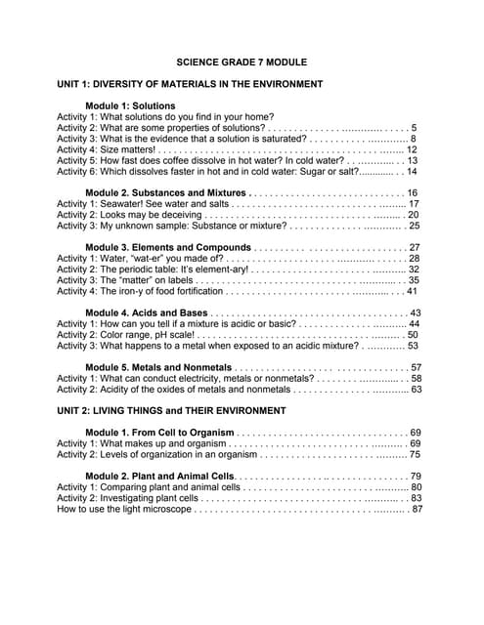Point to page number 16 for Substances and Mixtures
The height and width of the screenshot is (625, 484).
coord(413,193)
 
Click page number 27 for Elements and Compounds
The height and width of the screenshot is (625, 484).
coord(415,247)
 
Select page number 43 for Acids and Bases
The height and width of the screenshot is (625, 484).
coord(416,312)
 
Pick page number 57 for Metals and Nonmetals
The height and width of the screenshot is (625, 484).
coord(416,367)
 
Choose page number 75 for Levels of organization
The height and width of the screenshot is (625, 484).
coord(415,454)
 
